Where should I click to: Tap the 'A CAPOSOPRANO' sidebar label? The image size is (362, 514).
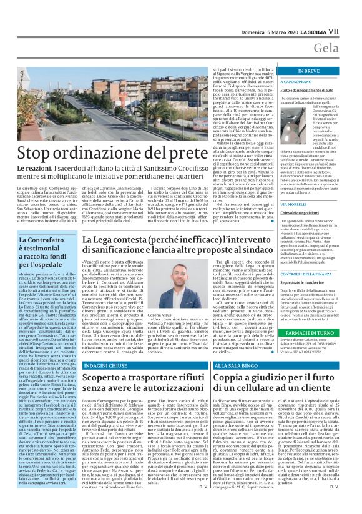297,82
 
